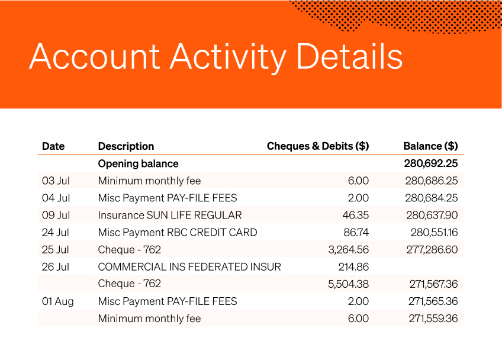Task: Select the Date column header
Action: click(53, 146)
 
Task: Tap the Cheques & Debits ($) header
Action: click(318, 146)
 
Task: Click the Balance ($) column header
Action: click(430, 146)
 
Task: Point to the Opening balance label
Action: click(138, 163)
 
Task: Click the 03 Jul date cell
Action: click(56, 181)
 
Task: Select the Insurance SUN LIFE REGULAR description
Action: click(170, 215)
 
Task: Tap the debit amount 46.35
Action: click(356, 215)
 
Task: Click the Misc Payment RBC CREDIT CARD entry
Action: click(178, 232)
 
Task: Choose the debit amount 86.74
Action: click(356, 232)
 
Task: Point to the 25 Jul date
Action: click(56, 249)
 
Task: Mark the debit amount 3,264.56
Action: click(348, 249)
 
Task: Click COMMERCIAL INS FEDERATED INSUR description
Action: click(189, 266)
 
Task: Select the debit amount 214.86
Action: click(353, 266)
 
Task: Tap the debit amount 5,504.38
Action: click(348, 284)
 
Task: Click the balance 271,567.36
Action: click(433, 284)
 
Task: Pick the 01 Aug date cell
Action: click(58, 301)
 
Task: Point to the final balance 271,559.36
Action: click(433, 319)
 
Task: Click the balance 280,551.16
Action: click(434, 232)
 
